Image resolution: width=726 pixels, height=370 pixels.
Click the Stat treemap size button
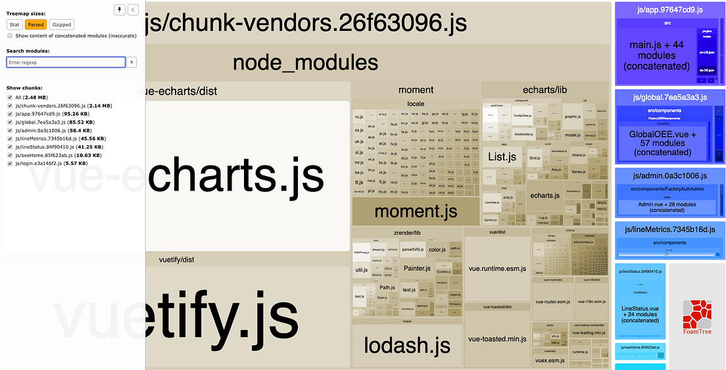14,24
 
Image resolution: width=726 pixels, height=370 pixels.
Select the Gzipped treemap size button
62,24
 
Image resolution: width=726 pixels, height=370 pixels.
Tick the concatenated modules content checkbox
10,36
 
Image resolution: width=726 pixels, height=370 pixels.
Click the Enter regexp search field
66,62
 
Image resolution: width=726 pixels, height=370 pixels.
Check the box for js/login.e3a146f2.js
10,163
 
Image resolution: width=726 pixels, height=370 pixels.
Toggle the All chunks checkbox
10,97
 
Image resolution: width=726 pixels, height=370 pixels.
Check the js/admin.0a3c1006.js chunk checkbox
10,130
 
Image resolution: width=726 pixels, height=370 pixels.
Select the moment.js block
416,212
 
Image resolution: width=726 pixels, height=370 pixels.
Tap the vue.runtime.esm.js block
497,268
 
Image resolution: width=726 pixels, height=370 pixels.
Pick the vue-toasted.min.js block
497,338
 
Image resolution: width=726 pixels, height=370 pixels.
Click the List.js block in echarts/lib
505,156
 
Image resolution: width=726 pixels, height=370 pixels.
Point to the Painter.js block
417,268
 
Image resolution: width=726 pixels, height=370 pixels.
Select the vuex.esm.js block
549,359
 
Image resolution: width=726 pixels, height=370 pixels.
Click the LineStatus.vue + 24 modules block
640,314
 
